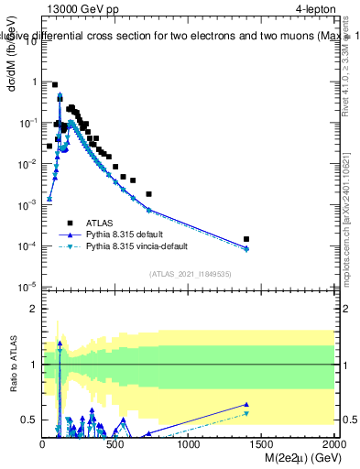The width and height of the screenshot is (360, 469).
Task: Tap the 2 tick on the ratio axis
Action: pos(34,309)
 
